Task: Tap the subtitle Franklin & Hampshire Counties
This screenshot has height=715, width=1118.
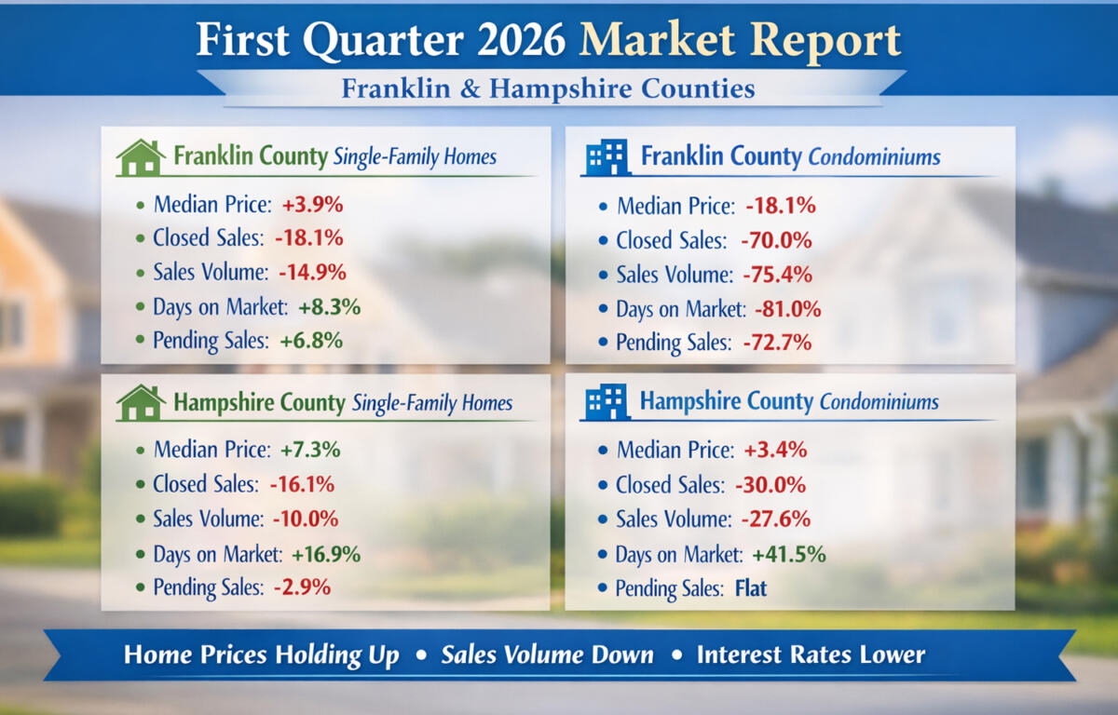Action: tap(548, 89)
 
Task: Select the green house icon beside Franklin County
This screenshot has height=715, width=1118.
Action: tap(140, 157)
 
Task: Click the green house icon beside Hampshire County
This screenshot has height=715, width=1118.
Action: tap(140, 402)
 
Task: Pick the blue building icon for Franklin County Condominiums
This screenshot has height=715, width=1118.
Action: tap(606, 157)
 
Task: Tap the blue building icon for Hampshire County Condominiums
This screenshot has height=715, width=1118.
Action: tap(606, 402)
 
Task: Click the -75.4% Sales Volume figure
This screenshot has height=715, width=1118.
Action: tap(776, 275)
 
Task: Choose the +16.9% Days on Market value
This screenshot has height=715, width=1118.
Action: tap(325, 554)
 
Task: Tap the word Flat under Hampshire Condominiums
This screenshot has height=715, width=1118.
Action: tap(749, 588)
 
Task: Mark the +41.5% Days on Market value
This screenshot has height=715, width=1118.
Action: tap(788, 554)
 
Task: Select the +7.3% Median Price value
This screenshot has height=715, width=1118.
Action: tap(310, 450)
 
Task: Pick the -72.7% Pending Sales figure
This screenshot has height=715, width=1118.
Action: tap(776, 343)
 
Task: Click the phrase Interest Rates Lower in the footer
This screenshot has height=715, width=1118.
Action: tap(811, 654)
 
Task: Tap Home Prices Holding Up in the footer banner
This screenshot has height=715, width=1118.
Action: tap(261, 654)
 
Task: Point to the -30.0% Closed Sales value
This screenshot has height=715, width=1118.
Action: tap(770, 485)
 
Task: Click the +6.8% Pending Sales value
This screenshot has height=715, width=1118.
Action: tap(312, 341)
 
